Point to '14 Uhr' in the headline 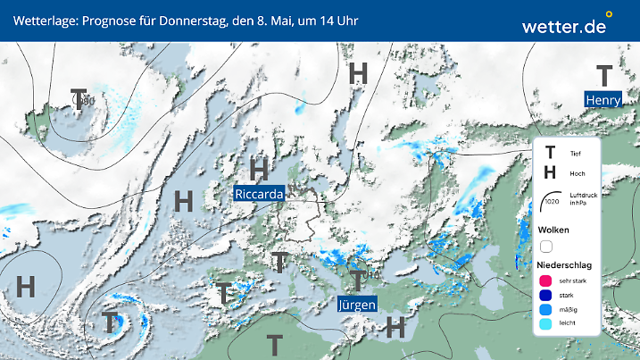(x=339, y=20)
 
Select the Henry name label (x=603, y=100)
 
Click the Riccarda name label (x=260, y=194)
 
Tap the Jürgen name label (x=357, y=304)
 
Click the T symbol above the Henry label (x=604, y=77)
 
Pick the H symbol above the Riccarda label (x=260, y=169)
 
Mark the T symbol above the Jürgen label (x=357, y=281)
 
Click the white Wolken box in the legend (x=546, y=246)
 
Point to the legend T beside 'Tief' (x=550, y=154)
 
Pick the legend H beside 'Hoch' (x=550, y=173)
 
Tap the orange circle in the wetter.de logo (x=609, y=14)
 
